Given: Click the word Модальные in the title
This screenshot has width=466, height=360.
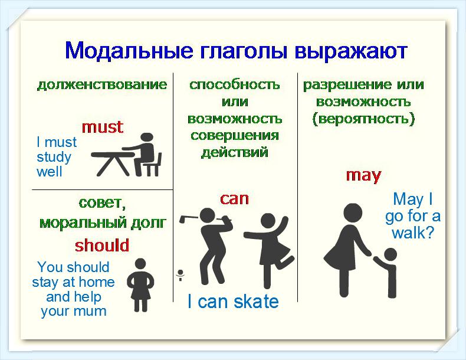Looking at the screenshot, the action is pyautogui.click(x=129, y=51).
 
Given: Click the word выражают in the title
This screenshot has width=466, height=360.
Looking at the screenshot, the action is pyautogui.click(x=351, y=52).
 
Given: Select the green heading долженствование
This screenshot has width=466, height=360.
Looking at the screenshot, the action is pyautogui.click(x=102, y=85).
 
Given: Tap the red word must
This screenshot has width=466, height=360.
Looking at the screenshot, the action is pyautogui.click(x=102, y=127).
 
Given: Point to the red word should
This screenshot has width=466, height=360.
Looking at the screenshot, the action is pyautogui.click(x=102, y=246).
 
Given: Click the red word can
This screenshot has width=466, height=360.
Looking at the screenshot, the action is pyautogui.click(x=234, y=198).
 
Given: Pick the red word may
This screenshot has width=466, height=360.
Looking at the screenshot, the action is pyautogui.click(x=363, y=175).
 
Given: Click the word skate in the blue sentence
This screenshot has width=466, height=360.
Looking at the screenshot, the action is pyautogui.click(x=256, y=302).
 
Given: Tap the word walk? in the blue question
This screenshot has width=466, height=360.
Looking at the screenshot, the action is pyautogui.click(x=413, y=233).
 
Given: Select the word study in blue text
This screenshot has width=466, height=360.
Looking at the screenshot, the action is pyautogui.click(x=54, y=157).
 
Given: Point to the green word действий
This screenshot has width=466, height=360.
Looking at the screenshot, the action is pyautogui.click(x=235, y=153).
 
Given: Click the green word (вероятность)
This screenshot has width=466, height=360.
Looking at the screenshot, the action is pyautogui.click(x=363, y=119).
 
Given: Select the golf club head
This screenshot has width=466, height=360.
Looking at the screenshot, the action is pyautogui.click(x=183, y=219).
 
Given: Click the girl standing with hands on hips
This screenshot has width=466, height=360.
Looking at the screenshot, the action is pyautogui.click(x=140, y=285).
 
